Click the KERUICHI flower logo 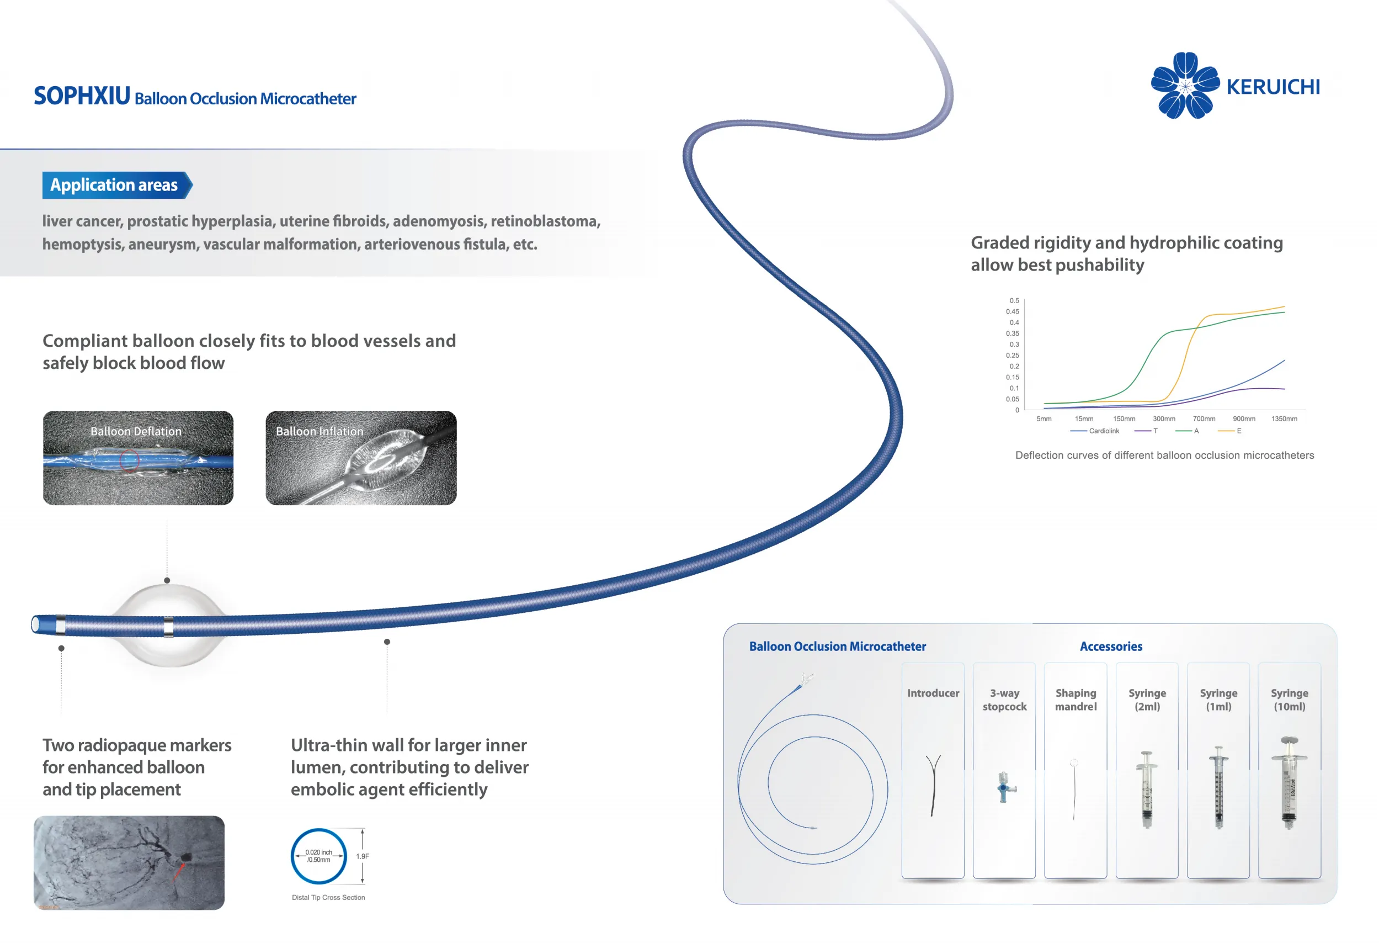click(1184, 86)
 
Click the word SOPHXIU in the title click(82, 96)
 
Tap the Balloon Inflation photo click(361, 458)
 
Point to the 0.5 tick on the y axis click(1014, 300)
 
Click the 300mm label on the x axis click(1164, 418)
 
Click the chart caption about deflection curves click(1164, 455)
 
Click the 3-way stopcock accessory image click(1004, 788)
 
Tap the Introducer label click(933, 693)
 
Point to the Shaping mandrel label click(1075, 700)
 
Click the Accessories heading click(1111, 647)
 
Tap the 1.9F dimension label click(363, 856)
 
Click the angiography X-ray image click(129, 862)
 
